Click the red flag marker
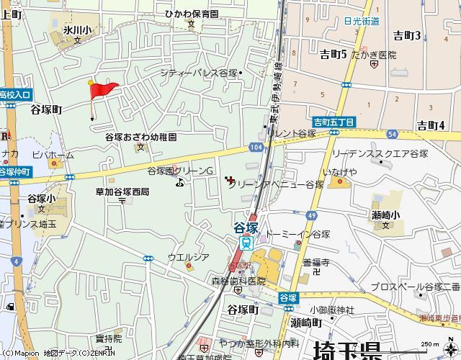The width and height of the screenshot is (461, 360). [103, 89]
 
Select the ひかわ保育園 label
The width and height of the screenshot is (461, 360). [191, 14]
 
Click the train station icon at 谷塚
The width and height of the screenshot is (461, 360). [246, 243]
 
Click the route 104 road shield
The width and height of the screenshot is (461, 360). [257, 147]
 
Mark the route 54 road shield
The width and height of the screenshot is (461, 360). [391, 134]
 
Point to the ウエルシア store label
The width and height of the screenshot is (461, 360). [188, 257]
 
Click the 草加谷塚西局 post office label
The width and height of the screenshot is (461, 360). [122, 192]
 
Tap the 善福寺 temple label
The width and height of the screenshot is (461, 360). [315, 263]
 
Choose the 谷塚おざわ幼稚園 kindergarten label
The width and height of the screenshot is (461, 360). [140, 137]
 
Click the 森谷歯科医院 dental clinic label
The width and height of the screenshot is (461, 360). [238, 280]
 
